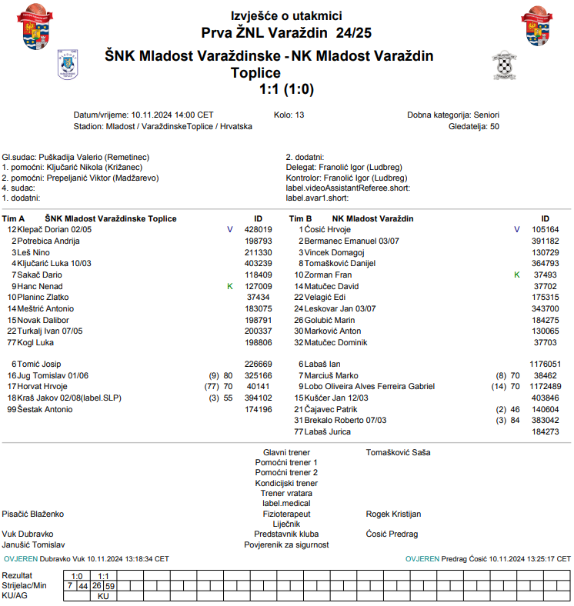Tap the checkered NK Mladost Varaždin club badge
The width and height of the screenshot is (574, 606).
coord(502,66)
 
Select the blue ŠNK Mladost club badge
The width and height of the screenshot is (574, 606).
coord(68,65)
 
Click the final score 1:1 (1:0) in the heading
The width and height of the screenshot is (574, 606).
coord(287,89)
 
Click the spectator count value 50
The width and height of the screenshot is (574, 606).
coord(494,126)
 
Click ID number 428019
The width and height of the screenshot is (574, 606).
coord(258,230)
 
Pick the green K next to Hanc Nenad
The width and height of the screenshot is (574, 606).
coord(229,286)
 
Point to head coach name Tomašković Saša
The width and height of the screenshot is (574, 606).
coord(398,452)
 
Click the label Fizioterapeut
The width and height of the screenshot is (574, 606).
coord(286,514)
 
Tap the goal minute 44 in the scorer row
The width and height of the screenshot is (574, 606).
coord(82,585)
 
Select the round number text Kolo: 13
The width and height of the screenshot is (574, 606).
coord(289,115)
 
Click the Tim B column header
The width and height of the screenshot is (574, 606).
coord(300,219)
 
